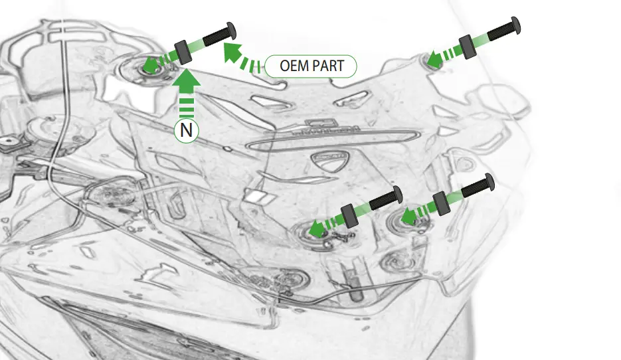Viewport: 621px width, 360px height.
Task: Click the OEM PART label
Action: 311,66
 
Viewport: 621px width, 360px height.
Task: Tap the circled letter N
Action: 187,131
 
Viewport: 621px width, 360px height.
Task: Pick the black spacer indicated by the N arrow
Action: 183,52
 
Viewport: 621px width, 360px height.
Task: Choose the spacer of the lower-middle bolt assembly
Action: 350,215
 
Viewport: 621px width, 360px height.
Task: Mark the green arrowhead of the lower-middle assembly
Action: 318,228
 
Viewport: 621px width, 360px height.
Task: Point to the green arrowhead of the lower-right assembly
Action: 408,216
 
